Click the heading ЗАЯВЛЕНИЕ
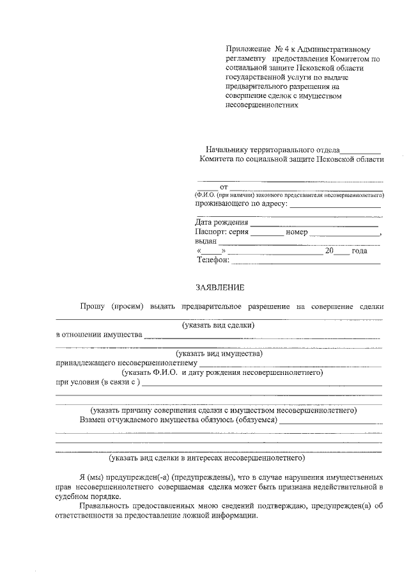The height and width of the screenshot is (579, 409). click(x=220, y=287)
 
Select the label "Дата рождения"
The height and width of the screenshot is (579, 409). click(x=222, y=223)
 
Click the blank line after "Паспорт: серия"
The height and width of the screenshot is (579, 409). click(x=266, y=233)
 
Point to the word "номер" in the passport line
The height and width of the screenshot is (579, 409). click(x=297, y=232)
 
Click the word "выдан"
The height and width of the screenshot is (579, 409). click(x=206, y=242)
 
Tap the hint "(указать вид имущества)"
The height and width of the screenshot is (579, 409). click(x=219, y=353)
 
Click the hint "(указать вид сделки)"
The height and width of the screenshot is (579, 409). click(x=219, y=325)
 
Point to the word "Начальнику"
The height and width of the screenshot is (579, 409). click(x=220, y=149)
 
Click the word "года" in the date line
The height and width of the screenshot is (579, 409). click(x=359, y=251)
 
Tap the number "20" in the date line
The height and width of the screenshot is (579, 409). click(x=329, y=251)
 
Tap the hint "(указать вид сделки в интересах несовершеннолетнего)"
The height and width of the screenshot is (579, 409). click(x=207, y=457)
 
